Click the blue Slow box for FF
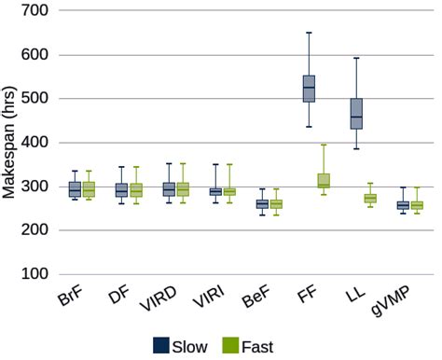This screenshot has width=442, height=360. pyautogui.click(x=309, y=89)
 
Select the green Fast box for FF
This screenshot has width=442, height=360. pyautogui.click(x=324, y=181)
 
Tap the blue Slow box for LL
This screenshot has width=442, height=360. pyautogui.click(x=355, y=113)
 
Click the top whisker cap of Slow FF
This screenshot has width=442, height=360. pyautogui.click(x=309, y=33)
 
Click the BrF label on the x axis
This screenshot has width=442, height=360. pyautogui.click(x=70, y=300)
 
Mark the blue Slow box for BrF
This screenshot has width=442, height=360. pyautogui.click(x=75, y=189)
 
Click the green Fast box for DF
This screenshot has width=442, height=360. pyautogui.click(x=136, y=190)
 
